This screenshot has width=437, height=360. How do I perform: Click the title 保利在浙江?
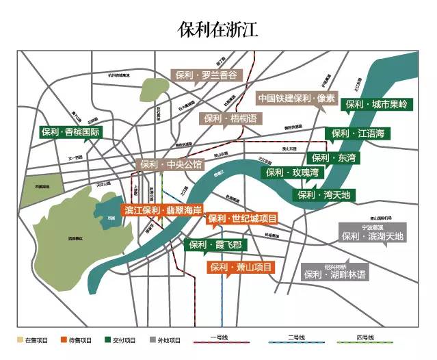click(217, 29)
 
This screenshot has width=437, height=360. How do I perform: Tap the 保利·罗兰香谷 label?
click(206, 75)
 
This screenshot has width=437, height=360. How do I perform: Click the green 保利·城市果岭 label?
click(375, 105)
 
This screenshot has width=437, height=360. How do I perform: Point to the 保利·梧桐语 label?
click(230, 118)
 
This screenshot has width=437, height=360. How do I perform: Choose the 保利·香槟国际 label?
click(70, 132)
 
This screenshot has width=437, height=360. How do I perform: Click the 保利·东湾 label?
click(334, 158)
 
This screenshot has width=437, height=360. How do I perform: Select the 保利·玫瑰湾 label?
click(292, 172)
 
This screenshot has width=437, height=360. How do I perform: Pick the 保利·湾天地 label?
click(323, 195)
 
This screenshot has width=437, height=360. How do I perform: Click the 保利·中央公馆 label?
click(171, 164)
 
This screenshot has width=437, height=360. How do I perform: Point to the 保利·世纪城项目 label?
click(243, 219)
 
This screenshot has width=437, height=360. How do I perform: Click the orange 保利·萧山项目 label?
click(241, 267)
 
